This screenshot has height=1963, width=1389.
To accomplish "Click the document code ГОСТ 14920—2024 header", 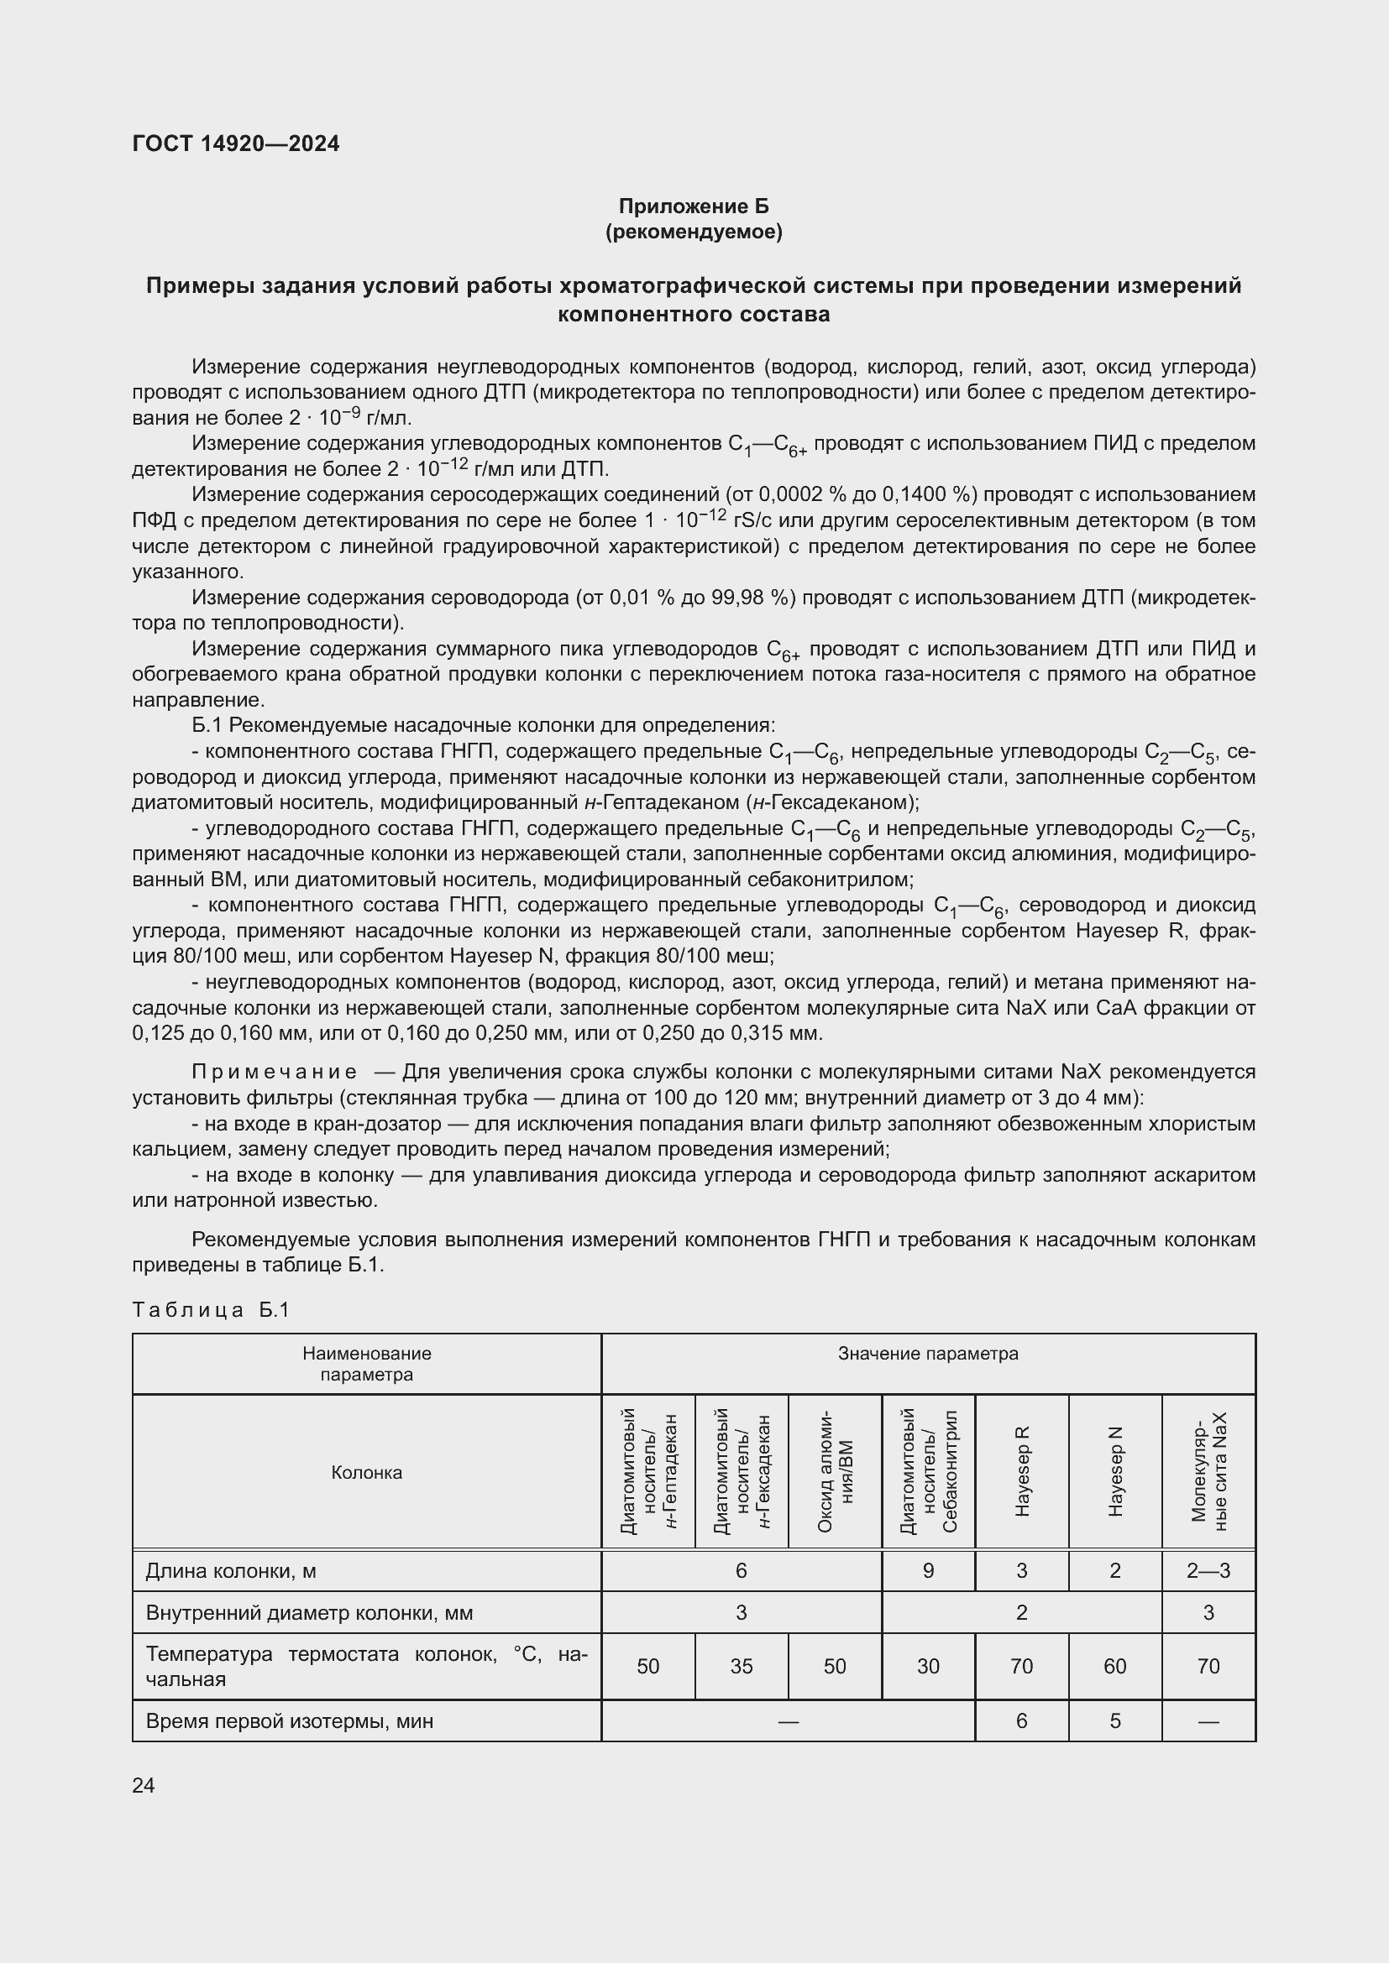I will tap(235, 144).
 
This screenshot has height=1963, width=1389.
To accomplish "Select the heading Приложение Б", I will tap(694, 206).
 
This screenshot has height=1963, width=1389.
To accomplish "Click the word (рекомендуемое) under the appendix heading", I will tap(694, 232).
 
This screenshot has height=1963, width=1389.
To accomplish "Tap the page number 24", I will tap(144, 1785).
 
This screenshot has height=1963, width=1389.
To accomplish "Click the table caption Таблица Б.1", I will tap(212, 1310).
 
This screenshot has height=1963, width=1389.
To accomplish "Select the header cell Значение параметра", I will tap(928, 1354).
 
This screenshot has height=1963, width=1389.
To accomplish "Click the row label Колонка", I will tap(366, 1472).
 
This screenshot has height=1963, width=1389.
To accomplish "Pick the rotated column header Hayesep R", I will tap(1022, 1471).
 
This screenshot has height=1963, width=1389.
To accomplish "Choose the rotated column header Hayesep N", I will tap(1115, 1471).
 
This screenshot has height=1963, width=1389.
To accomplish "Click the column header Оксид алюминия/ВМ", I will tap(835, 1471).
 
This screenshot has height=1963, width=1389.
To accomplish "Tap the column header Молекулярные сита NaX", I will tap(1208, 1471).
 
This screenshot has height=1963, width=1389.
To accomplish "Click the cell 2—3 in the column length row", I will tap(1208, 1570).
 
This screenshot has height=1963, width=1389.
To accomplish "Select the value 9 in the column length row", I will tap(928, 1570).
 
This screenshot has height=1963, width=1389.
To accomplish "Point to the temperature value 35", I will tap(742, 1667).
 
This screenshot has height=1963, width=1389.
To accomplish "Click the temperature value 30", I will tap(928, 1667).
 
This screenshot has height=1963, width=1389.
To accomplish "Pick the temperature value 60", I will tap(1115, 1667).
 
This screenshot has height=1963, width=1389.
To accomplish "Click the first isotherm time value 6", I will tap(1022, 1721).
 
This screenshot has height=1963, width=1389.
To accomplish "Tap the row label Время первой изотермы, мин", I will tap(290, 1721).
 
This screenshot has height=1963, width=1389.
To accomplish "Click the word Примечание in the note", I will tap(274, 1072).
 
